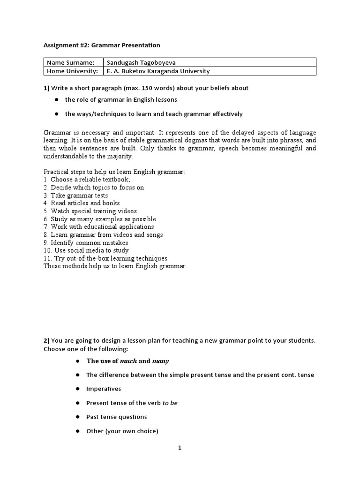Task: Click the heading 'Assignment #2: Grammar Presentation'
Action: point(102,45)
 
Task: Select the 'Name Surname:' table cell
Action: point(73,62)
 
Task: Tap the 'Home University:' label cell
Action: point(73,71)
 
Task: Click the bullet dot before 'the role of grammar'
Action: point(56,100)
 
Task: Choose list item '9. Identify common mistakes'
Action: point(86,243)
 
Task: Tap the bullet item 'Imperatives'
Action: point(104,389)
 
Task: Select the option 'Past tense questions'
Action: point(116,417)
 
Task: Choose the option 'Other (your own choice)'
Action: point(122,431)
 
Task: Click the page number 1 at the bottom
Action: point(180,448)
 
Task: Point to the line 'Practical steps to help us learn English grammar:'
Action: point(114,172)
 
